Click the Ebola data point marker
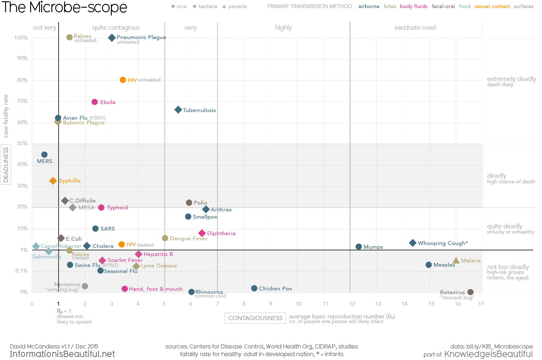point(95,102)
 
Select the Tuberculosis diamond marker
point(178,110)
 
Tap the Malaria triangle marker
point(456,261)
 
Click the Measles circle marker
point(429,265)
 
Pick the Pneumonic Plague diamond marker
point(112,38)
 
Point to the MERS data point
point(44,155)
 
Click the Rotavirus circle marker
point(470,292)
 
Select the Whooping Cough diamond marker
point(412,243)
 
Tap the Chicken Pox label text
point(275,289)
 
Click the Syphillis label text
point(70,181)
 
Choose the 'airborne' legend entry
point(369,6)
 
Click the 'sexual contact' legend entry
point(492,6)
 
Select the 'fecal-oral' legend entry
point(443,6)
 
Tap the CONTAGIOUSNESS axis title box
point(255,318)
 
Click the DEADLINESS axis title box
point(6,165)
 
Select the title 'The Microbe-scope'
point(65,8)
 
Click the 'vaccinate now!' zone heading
point(415,28)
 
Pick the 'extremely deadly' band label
point(511,79)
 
